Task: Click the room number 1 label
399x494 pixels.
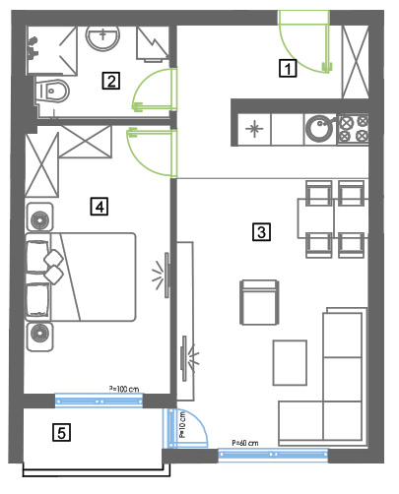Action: tap(288, 68)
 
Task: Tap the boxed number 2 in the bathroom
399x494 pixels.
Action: tap(111, 81)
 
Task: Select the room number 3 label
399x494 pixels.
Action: tap(261, 232)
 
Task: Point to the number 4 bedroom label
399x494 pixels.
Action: tap(100, 207)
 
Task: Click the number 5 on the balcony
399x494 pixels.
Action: tap(61, 432)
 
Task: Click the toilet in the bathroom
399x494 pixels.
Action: tap(52, 91)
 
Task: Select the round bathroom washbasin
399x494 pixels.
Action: tap(102, 37)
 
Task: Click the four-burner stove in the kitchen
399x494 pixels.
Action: tap(353, 129)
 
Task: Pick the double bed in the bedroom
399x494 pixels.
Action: tap(81, 277)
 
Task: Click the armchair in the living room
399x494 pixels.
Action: tap(259, 302)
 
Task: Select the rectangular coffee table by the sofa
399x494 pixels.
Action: tap(290, 362)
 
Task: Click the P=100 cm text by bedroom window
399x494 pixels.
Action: tap(124, 389)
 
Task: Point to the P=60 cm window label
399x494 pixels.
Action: tap(245, 443)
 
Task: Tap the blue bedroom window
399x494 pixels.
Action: tap(99, 401)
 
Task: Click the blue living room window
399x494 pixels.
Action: tap(273, 455)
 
